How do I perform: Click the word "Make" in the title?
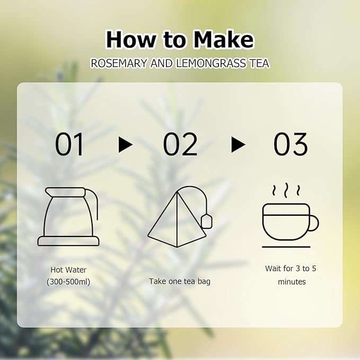tap(223, 40)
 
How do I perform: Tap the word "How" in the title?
tap(131, 40)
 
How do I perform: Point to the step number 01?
tap(69, 144)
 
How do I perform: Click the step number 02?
tap(180, 144)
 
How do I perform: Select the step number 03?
tap(290, 144)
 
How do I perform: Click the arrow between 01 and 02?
tap(126, 145)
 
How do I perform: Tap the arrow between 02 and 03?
tap(238, 145)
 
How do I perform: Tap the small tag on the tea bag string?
tap(207, 221)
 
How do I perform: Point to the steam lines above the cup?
tap(286, 190)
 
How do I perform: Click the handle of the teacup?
tap(313, 223)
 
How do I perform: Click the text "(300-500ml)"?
tap(68, 282)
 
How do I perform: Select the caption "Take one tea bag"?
tap(180, 281)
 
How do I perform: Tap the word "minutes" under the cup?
tap(292, 282)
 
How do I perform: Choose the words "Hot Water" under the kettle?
tap(68, 270)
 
